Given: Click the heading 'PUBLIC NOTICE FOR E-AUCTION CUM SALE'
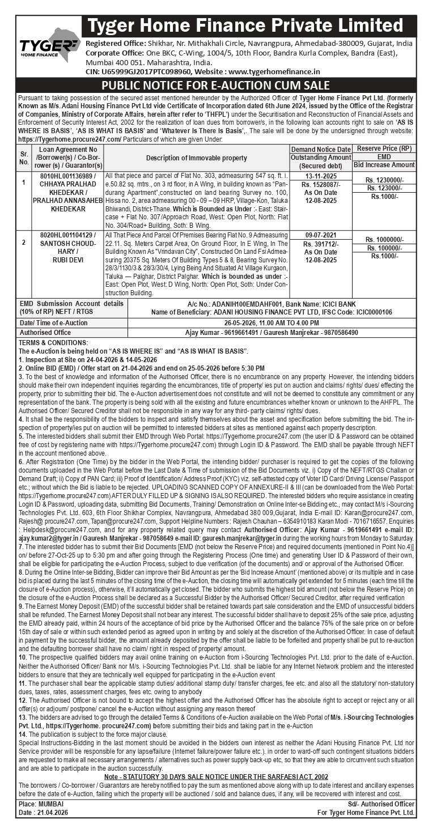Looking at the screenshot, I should point(215,85).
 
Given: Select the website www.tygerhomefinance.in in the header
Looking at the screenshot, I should point(274,72).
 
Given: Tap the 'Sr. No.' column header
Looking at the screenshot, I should point(24,158).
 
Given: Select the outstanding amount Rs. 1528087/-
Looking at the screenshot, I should point(320,185).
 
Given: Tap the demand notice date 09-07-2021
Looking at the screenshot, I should point(320,235).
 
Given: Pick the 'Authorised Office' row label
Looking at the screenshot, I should point(45,333).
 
